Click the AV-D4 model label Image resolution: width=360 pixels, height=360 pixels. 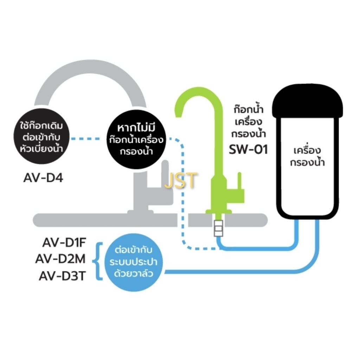(43, 178)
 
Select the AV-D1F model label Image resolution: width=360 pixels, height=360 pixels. (64, 243)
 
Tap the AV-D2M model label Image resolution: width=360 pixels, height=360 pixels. (60, 259)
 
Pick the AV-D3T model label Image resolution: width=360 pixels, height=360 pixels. (62, 276)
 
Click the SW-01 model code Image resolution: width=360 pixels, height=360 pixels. (249, 149)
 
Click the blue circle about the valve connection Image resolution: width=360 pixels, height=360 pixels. (134, 262)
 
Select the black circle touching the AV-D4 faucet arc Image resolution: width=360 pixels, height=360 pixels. (41, 136)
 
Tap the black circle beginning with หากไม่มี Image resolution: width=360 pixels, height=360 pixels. (136, 139)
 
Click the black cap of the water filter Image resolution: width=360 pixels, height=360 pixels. (307, 101)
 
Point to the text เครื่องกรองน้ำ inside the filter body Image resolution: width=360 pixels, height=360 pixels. (307, 156)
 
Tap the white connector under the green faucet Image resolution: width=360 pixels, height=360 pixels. (218, 228)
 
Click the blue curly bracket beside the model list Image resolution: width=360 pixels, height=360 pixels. (98, 261)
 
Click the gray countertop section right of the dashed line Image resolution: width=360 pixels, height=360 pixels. (228, 220)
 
